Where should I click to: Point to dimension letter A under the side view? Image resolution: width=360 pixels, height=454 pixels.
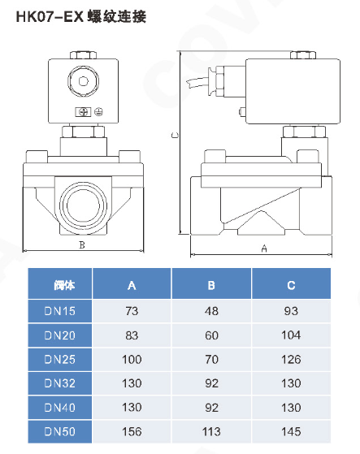click(263, 248)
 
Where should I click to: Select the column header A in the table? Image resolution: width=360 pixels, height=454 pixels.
click(132, 284)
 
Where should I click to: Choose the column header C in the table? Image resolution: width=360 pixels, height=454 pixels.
click(292, 284)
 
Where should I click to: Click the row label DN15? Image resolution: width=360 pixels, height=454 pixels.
click(60, 310)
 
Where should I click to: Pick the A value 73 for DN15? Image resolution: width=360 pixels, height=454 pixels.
click(132, 310)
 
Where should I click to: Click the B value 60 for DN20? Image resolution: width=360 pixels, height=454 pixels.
click(211, 335)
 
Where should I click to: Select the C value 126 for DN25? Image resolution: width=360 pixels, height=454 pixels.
click(292, 358)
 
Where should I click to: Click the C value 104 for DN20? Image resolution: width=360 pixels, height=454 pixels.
click(292, 335)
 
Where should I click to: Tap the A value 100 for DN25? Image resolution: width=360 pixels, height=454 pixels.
click(132, 358)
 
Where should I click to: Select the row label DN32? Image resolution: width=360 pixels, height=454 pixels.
click(60, 383)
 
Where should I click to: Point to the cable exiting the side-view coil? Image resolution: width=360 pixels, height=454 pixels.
click(198, 80)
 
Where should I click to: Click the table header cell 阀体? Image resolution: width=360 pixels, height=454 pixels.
click(60, 284)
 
